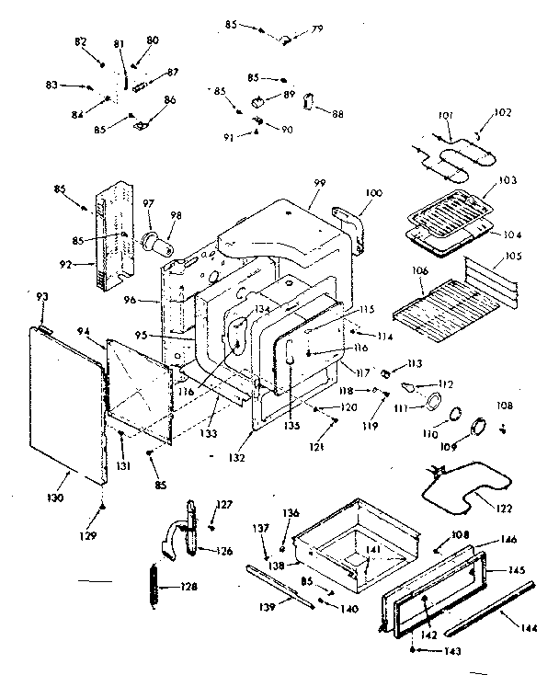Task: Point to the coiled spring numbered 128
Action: click(x=154, y=587)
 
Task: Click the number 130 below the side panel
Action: click(x=56, y=498)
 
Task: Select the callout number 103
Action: click(x=508, y=180)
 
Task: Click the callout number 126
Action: click(x=223, y=551)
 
